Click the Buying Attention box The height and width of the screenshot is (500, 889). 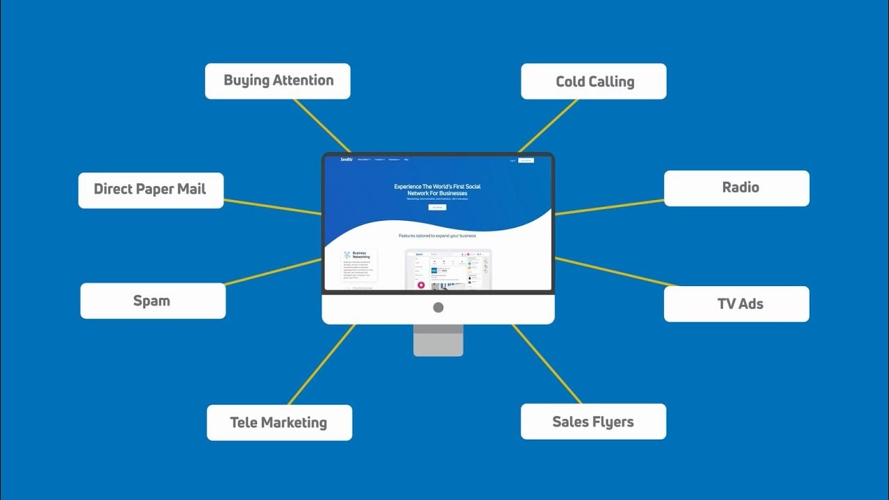(278, 81)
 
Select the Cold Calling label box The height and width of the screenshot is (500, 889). (594, 82)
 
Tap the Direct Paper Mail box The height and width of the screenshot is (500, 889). (151, 190)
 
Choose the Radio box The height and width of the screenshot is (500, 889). (737, 188)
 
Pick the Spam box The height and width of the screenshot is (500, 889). (153, 301)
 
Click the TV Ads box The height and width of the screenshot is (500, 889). (737, 304)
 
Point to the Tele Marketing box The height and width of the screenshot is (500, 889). (279, 423)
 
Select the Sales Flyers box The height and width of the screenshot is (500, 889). (593, 422)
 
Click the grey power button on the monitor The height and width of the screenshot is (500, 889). (438, 308)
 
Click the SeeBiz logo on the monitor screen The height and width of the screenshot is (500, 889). (347, 160)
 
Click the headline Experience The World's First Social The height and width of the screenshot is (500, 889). (438, 186)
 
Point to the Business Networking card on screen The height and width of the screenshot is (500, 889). (360, 264)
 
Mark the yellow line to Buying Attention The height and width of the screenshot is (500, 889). (321, 125)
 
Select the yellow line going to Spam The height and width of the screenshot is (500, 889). (274, 272)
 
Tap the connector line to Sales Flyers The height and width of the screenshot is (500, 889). (547, 364)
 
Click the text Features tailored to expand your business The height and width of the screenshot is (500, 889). (438, 236)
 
